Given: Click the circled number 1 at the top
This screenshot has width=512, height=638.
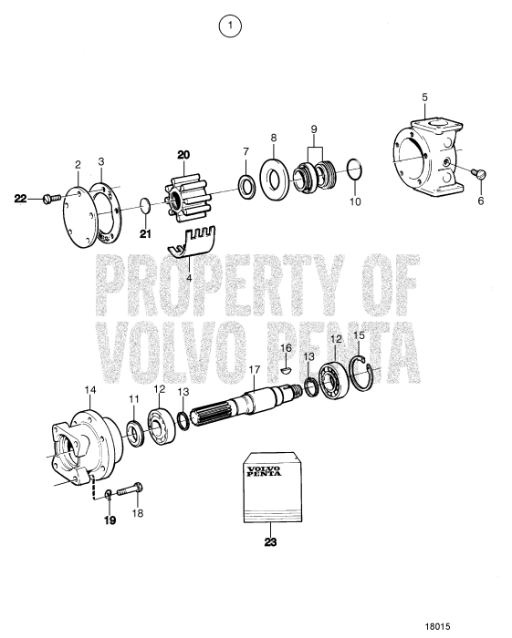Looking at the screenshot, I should point(232,28).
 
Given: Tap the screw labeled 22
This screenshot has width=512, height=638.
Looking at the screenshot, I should point(53,197).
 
